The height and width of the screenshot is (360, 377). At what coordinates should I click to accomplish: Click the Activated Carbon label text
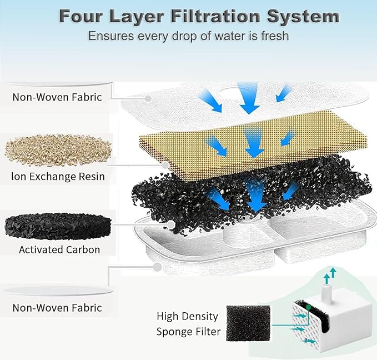(x=59, y=249)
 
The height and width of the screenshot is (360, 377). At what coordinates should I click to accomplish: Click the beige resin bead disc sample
(x=58, y=150)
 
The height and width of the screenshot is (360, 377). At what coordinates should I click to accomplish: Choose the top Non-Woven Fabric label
(x=57, y=97)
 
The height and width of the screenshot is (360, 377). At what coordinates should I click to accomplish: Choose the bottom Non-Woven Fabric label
(x=57, y=307)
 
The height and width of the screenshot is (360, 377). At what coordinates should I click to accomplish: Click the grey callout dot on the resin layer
(x=165, y=164)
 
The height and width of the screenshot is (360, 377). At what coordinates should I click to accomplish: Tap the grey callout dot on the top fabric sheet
(x=148, y=98)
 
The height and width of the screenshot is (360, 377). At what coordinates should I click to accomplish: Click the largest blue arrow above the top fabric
(x=248, y=96)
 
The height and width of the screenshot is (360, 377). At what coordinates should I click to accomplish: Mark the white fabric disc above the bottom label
(x=58, y=291)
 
